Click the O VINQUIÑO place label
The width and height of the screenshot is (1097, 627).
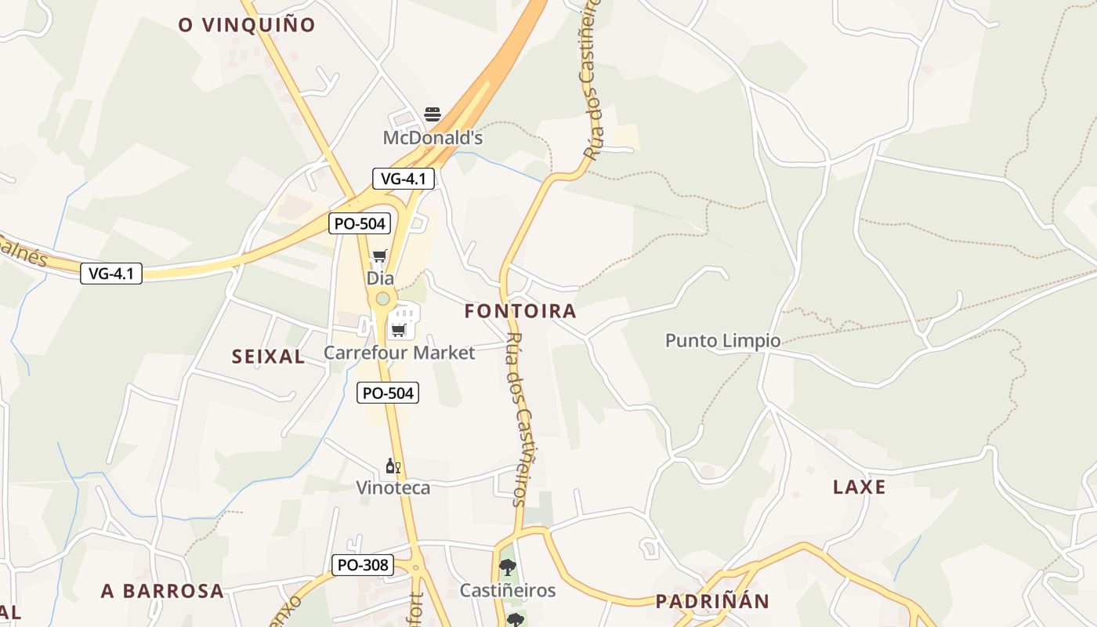(247, 25)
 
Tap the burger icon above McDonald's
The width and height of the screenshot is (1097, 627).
(433, 114)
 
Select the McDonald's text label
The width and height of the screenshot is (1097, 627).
(433, 138)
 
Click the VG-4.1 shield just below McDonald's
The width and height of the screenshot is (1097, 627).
(403, 179)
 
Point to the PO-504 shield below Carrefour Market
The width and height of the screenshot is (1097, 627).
(388, 393)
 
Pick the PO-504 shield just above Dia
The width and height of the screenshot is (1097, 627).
(360, 223)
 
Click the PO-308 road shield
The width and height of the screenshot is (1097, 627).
(362, 564)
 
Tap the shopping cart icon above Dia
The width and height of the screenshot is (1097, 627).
(380, 256)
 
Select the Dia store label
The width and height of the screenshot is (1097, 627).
(380, 278)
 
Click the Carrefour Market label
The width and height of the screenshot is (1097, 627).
(399, 353)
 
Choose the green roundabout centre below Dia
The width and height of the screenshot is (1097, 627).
(382, 299)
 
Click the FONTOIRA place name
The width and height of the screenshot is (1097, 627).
(520, 311)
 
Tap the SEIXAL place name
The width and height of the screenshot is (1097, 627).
(268, 357)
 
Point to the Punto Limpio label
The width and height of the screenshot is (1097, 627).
(722, 340)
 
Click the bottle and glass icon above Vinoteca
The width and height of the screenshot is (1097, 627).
(393, 466)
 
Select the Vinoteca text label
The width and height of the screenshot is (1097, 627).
(393, 487)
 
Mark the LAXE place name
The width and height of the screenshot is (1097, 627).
(860, 487)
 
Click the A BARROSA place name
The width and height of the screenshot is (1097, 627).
(162, 591)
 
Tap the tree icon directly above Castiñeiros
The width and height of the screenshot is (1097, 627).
(508, 567)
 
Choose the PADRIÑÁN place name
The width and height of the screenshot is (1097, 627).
(712, 601)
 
